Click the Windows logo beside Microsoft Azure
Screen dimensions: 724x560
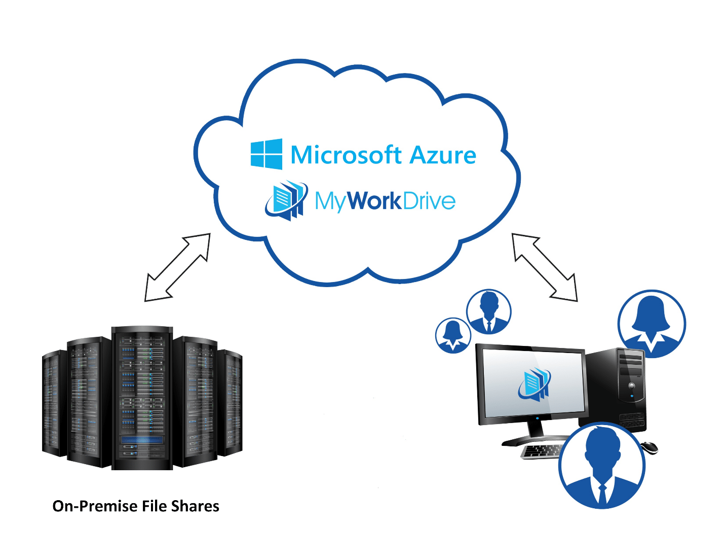[266, 154]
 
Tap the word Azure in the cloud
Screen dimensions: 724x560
[443, 156]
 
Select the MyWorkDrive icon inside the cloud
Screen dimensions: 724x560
[286, 200]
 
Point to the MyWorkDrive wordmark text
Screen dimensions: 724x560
[385, 201]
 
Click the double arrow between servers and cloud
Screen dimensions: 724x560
[177, 267]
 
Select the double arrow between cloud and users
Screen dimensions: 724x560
[545, 267]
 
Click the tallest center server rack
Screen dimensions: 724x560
[142, 398]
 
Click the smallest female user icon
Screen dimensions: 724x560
[453, 335]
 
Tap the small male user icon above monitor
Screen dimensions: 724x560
[488, 311]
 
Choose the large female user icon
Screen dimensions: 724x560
[652, 324]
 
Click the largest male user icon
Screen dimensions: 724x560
[602, 466]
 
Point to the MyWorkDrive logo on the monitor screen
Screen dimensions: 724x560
[534, 384]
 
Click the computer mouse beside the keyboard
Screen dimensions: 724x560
[649, 447]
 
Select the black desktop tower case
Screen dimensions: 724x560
[613, 389]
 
